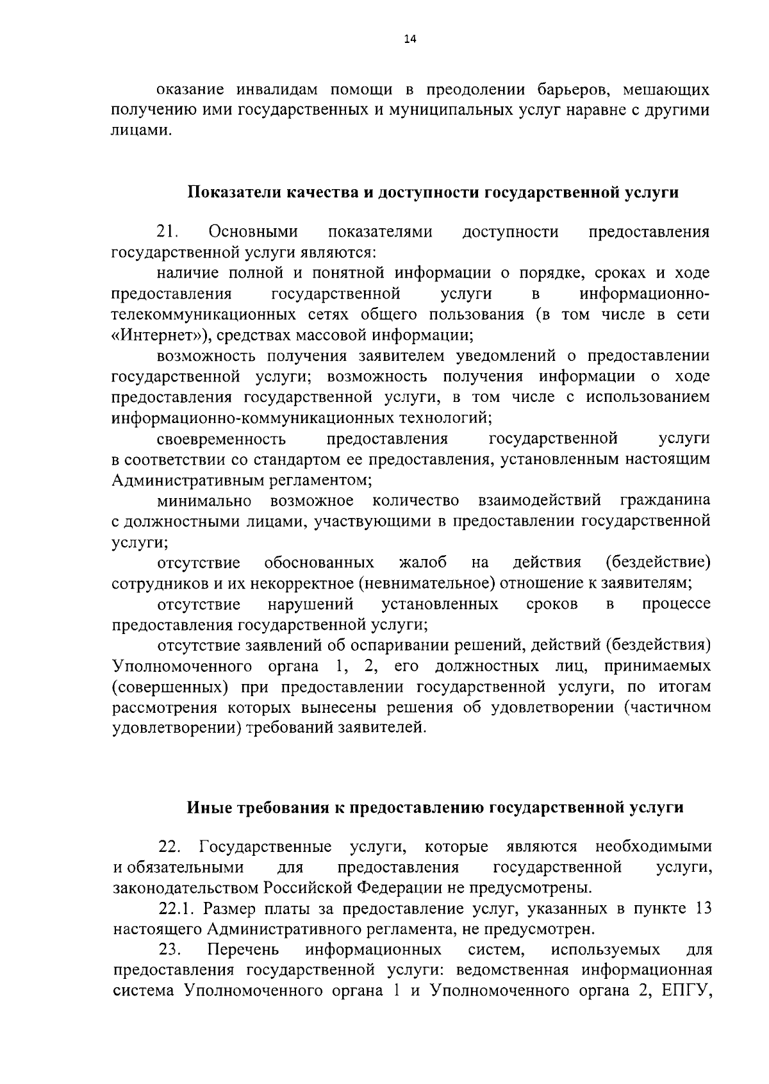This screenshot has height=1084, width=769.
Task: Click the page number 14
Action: (410, 40)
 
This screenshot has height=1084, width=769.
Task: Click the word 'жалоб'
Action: (422, 563)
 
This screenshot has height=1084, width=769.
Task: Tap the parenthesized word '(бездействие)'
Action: (658, 563)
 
